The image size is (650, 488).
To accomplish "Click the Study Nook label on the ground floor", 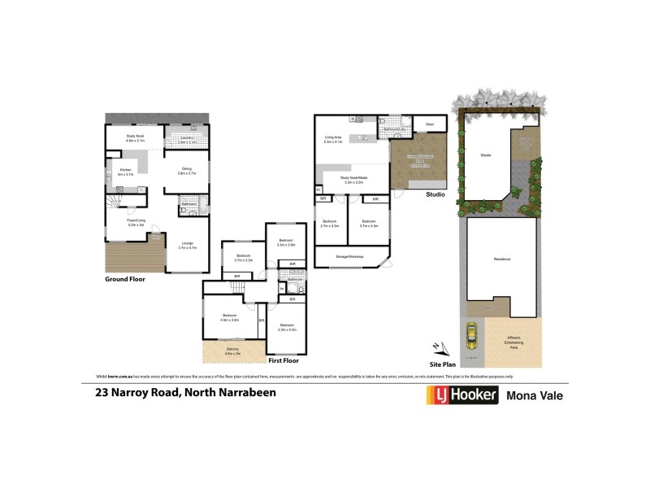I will click(x=135, y=137).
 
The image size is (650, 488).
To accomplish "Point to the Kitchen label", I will click(x=124, y=170).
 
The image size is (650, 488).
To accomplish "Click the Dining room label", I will click(x=187, y=168).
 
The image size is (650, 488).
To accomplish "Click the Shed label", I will click(x=430, y=124).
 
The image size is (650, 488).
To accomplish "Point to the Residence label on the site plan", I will click(x=501, y=260).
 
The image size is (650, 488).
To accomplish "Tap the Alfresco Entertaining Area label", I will click(x=513, y=341).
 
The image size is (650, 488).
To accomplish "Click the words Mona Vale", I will click(x=535, y=396).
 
